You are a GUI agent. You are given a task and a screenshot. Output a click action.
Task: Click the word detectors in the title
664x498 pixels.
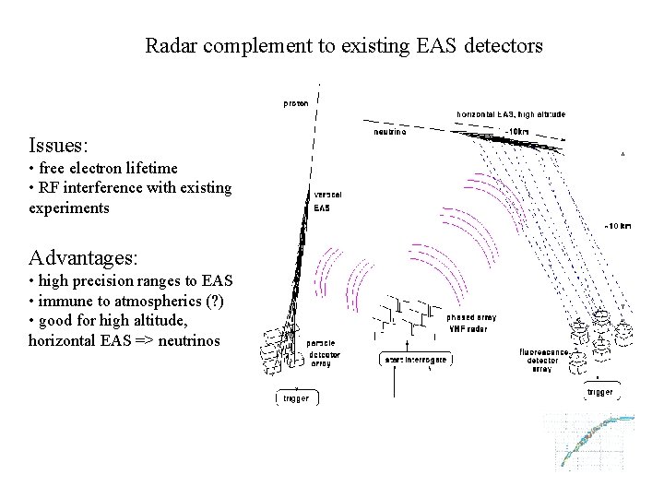click(x=500, y=44)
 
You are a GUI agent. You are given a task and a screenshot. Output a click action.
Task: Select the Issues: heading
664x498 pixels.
click(x=59, y=145)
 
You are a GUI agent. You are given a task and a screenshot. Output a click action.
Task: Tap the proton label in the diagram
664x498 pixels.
click(x=296, y=103)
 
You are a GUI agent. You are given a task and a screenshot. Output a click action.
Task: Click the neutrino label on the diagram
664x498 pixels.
click(x=389, y=132)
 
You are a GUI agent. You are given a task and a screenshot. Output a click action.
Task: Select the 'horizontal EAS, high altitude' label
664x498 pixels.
click(x=511, y=114)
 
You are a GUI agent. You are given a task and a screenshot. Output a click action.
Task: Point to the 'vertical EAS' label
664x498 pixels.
click(x=323, y=201)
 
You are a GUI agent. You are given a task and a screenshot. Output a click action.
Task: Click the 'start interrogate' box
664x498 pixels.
click(x=416, y=360)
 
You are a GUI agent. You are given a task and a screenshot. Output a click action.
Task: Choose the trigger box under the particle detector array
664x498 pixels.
click(x=296, y=398)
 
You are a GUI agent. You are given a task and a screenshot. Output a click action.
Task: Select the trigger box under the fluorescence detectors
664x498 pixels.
click(x=599, y=393)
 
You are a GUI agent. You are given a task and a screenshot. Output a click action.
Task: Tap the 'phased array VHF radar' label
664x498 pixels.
click(x=471, y=322)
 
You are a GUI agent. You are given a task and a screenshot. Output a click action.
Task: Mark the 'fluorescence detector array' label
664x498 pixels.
click(x=548, y=360)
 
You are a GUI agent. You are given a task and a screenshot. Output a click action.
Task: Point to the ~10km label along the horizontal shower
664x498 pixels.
click(x=516, y=132)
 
